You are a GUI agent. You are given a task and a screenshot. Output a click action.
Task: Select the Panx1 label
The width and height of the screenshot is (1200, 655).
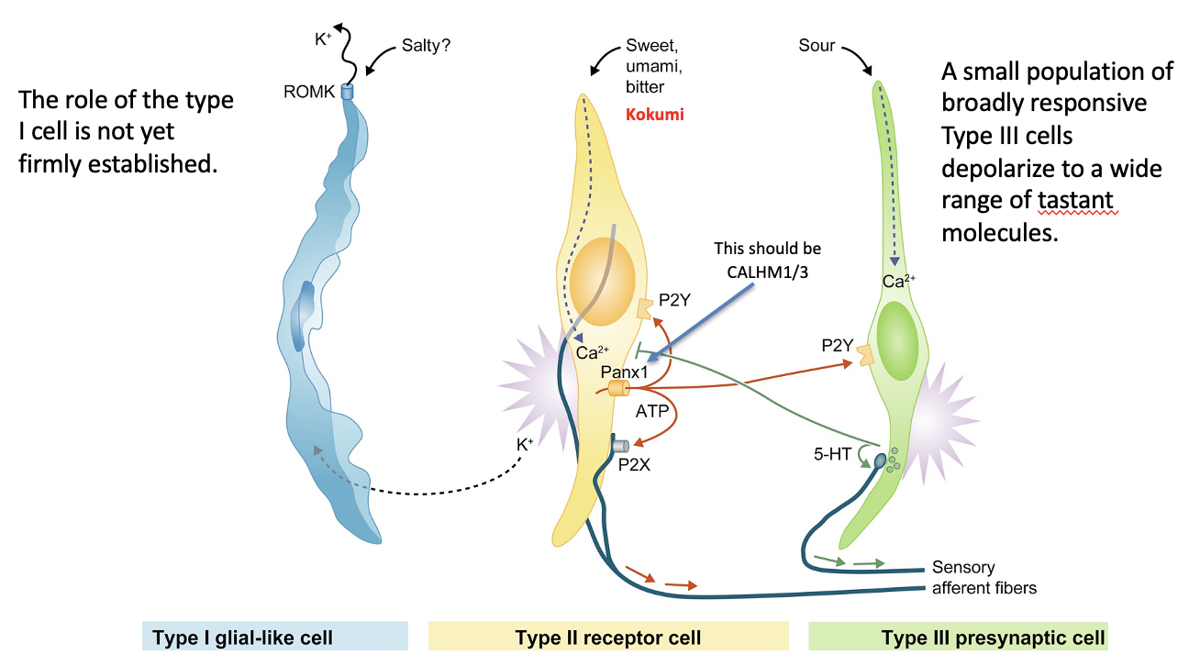pyautogui.click(x=624, y=372)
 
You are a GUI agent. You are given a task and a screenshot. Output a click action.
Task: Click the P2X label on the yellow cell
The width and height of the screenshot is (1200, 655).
pyautogui.click(x=635, y=464)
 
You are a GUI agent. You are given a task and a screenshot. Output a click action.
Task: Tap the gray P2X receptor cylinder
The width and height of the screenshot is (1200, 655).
pyautogui.click(x=621, y=447)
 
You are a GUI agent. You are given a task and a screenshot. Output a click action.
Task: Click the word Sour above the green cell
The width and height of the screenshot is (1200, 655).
pyautogui.click(x=817, y=45)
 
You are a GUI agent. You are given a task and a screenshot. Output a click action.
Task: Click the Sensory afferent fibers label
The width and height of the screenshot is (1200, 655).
pyautogui.click(x=983, y=577)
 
